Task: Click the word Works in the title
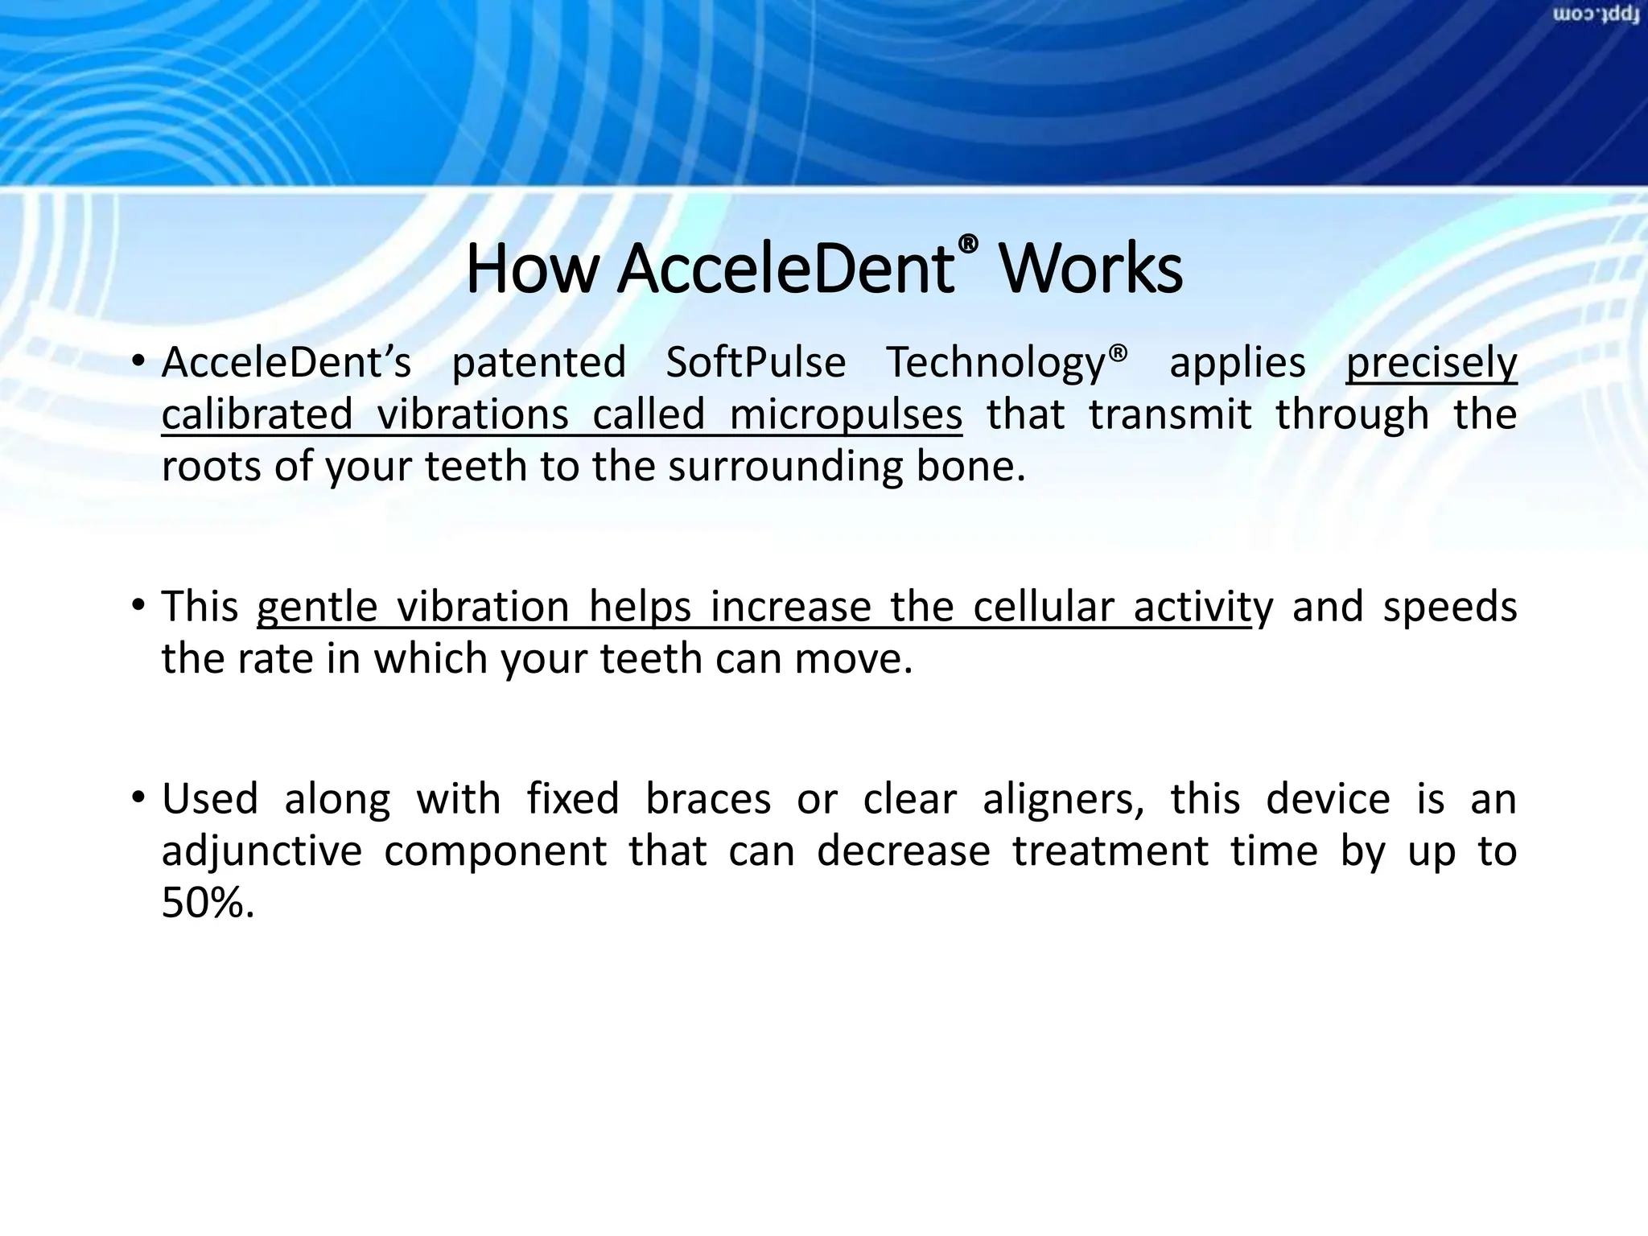point(1090,269)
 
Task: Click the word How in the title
point(531,269)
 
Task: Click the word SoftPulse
point(756,363)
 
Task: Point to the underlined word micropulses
point(845,415)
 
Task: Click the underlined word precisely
point(1432,363)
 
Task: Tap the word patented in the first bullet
point(538,363)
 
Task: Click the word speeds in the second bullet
point(1449,607)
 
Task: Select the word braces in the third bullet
point(708,799)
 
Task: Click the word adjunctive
point(262,851)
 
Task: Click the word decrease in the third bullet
point(903,851)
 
